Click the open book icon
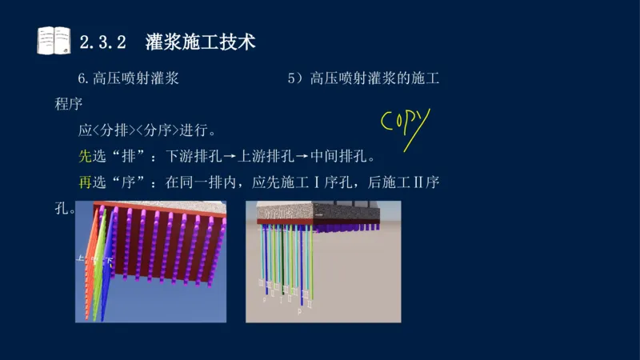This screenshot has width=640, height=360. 54,41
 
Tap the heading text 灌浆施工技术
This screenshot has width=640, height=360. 200,42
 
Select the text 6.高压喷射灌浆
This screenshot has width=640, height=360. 128,78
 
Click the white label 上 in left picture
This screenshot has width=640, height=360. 81,259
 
